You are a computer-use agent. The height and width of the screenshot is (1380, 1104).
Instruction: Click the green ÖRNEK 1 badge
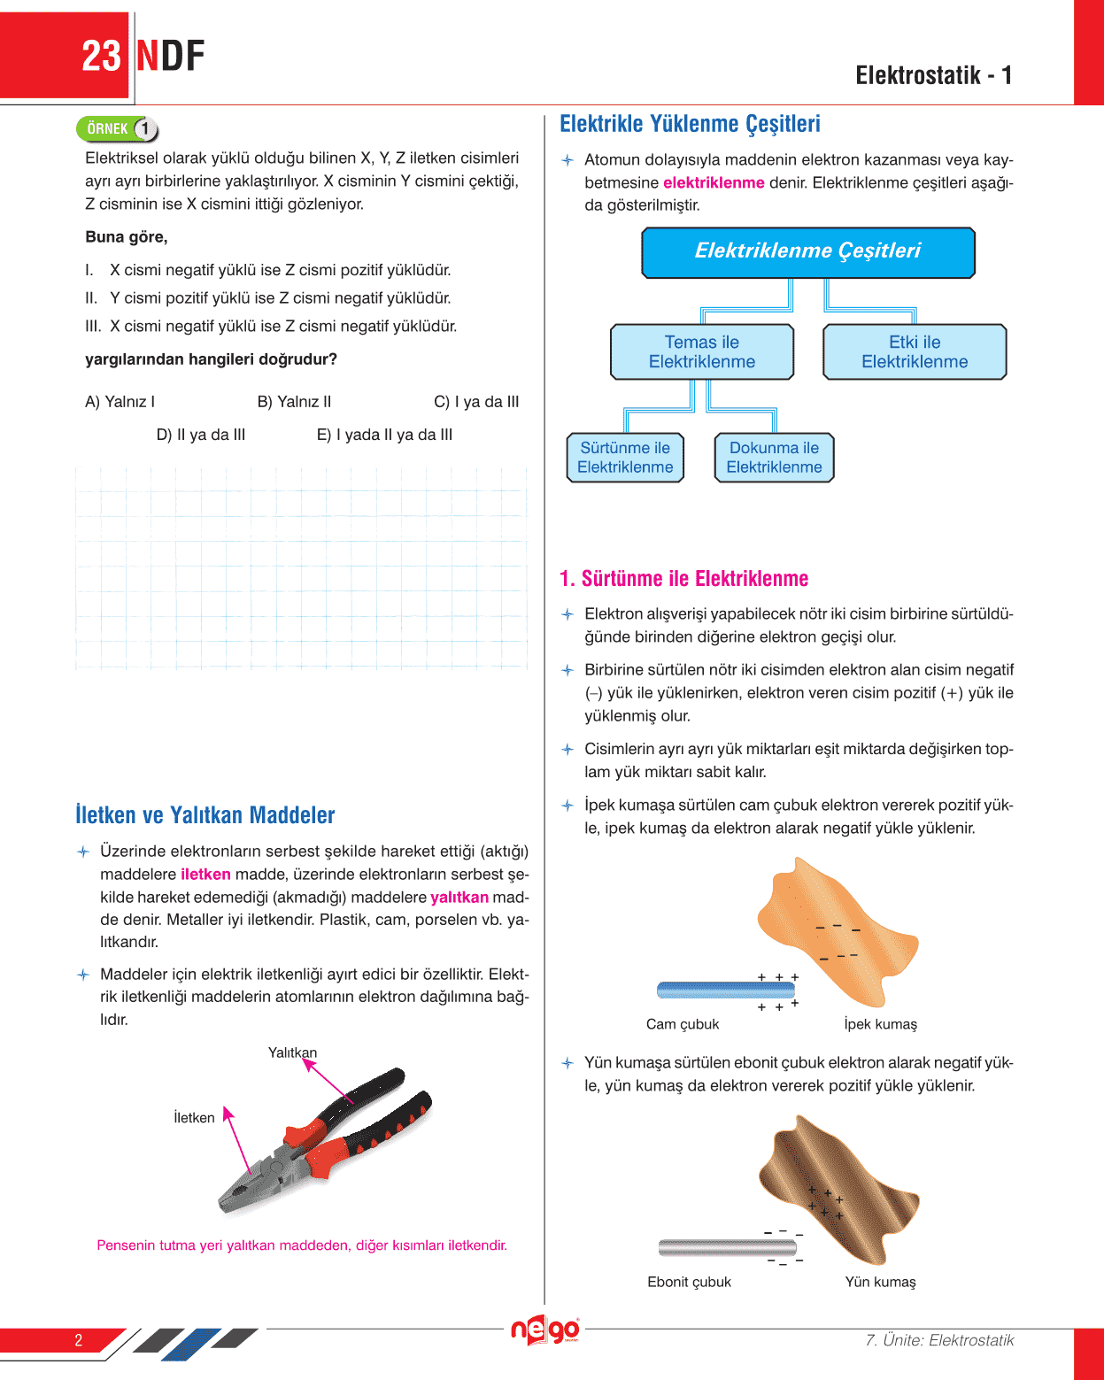click(x=117, y=129)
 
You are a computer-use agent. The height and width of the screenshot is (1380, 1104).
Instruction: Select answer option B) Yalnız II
click(x=294, y=402)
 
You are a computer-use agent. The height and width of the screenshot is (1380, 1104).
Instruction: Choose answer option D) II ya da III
click(x=201, y=435)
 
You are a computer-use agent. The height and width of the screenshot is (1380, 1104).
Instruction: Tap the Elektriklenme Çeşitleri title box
click(x=807, y=252)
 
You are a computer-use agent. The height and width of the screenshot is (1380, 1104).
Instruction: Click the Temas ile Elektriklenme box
click(x=701, y=352)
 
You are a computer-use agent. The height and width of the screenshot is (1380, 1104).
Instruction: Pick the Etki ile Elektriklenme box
click(x=915, y=352)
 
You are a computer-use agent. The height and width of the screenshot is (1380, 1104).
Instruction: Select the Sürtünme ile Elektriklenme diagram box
click(x=625, y=458)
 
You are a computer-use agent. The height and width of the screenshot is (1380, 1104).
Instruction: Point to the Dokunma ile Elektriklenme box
click(x=774, y=458)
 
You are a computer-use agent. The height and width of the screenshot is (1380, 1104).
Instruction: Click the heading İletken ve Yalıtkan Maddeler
click(x=205, y=815)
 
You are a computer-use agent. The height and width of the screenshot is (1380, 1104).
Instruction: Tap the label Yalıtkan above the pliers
click(x=292, y=1052)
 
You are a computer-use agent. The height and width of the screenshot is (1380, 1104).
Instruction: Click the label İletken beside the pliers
click(x=194, y=1118)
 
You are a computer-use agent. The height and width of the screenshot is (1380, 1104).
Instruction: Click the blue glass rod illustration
click(x=726, y=990)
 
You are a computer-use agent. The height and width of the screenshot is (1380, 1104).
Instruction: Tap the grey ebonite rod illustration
click(x=727, y=1247)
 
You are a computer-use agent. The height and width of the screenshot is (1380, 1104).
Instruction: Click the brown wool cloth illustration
click(x=837, y=1186)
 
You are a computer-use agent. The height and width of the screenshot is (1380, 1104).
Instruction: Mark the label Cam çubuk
click(x=683, y=1024)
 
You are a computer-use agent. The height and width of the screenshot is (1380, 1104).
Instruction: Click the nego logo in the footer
click(x=544, y=1330)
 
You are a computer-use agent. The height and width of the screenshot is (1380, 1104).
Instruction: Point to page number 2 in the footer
click(x=78, y=1340)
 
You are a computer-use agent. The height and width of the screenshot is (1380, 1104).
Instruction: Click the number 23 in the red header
click(x=101, y=57)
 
